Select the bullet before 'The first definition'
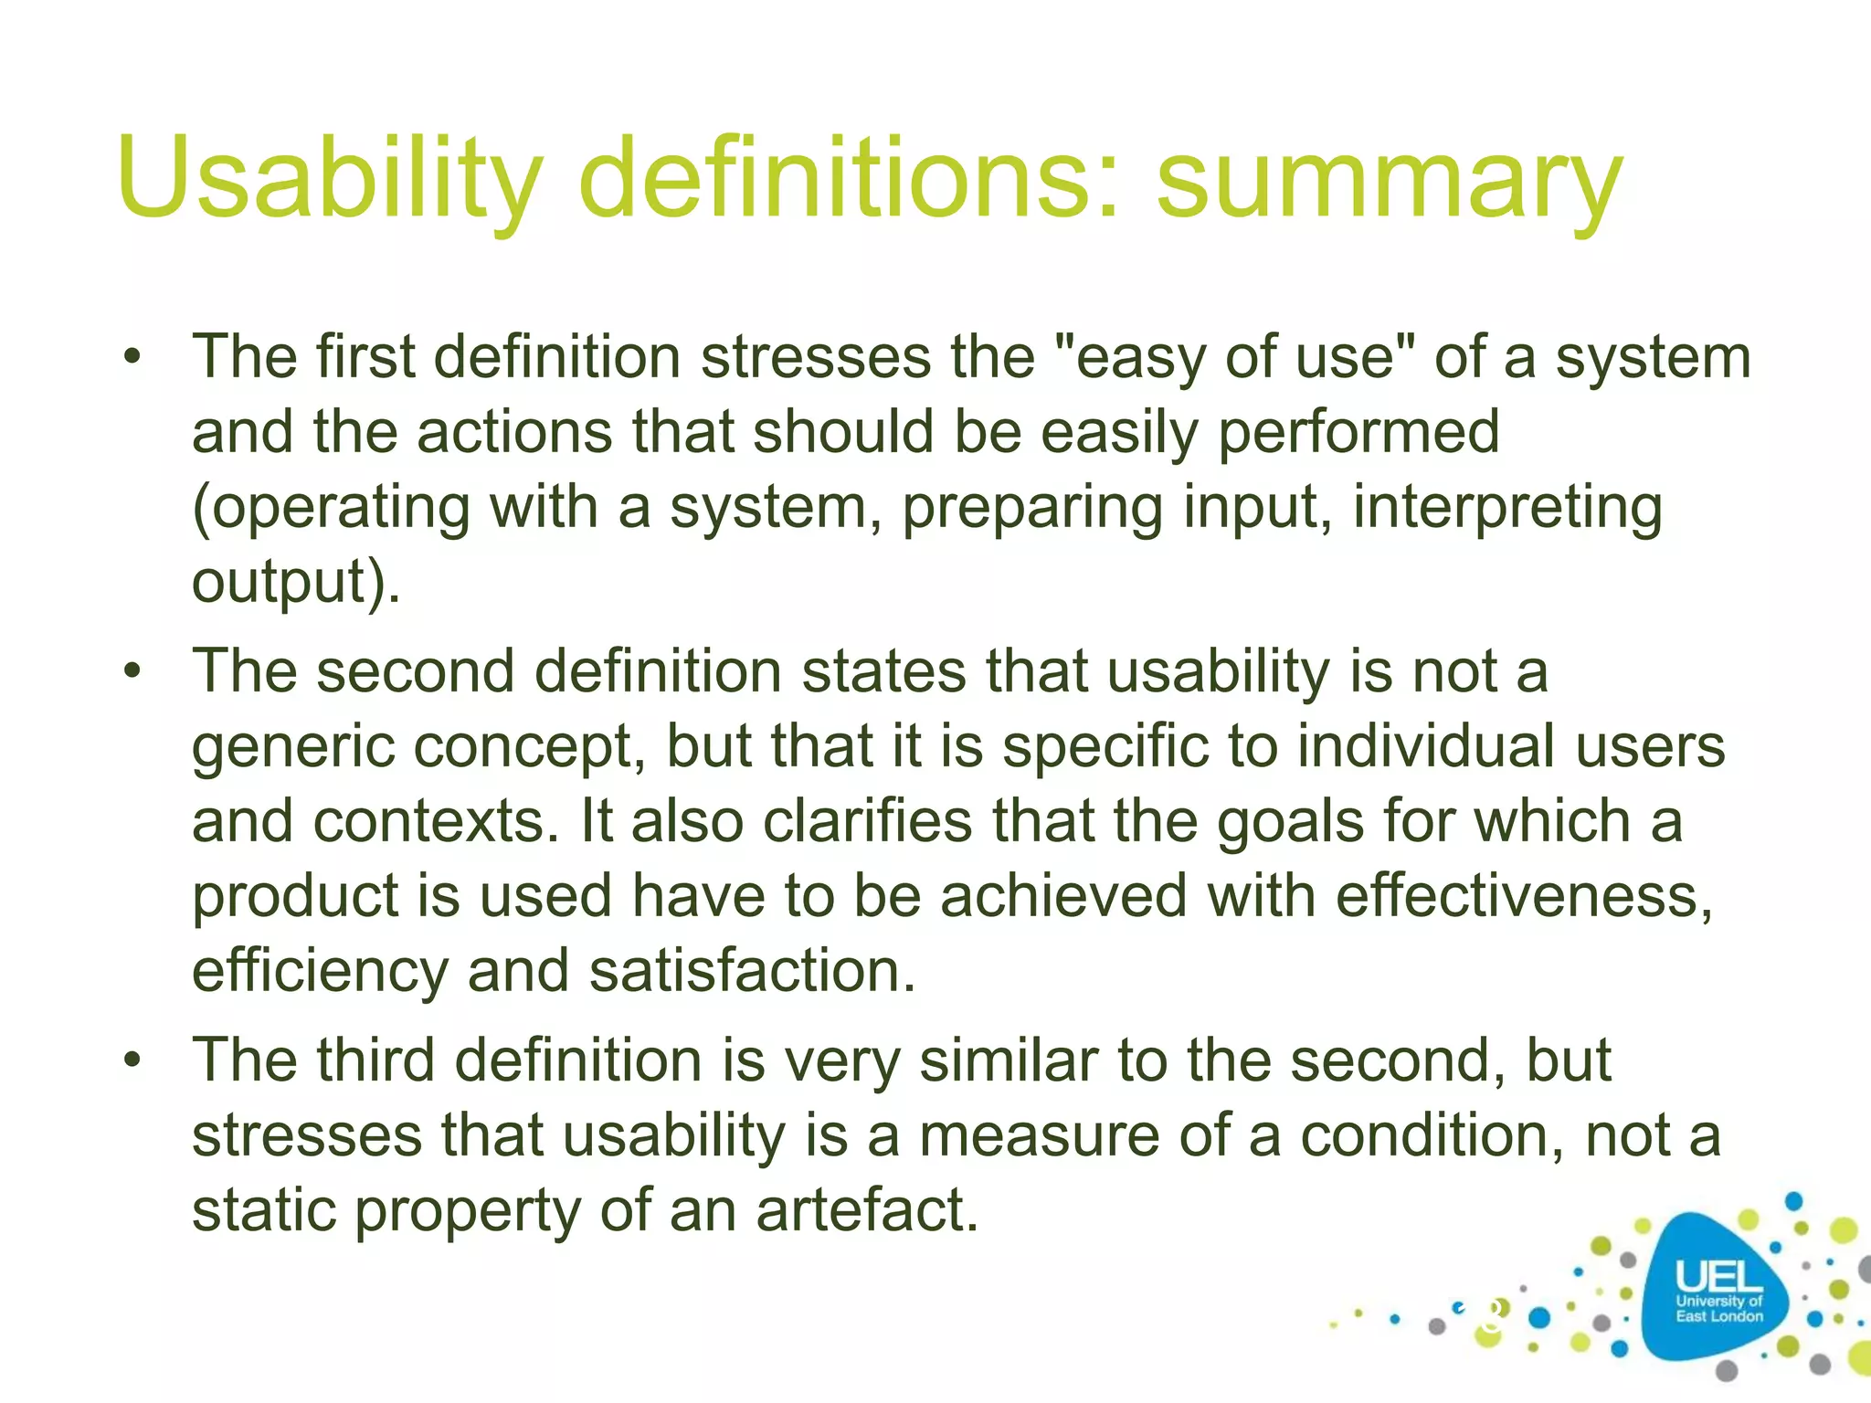133,357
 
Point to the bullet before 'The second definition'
133,671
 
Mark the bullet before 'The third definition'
133,1060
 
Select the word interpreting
1507,508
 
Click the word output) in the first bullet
295,583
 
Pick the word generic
292,747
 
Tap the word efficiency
320,972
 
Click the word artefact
867,1210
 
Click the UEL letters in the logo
1718,1276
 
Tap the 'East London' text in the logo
1718,1316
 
